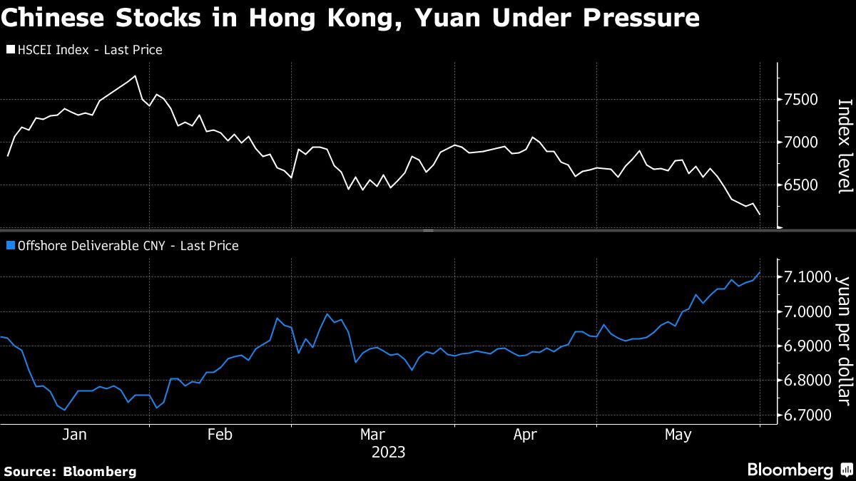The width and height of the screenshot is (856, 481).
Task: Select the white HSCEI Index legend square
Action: [11, 50]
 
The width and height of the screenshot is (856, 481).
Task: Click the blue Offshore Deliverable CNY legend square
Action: [11, 246]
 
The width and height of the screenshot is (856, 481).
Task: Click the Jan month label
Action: [74, 435]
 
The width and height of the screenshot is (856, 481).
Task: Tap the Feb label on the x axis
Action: [220, 435]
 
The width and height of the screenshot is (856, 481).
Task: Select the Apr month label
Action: [526, 435]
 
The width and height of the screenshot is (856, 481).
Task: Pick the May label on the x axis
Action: [678, 435]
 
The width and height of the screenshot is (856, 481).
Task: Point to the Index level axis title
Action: [845, 145]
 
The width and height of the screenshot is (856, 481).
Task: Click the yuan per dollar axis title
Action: [845, 341]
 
